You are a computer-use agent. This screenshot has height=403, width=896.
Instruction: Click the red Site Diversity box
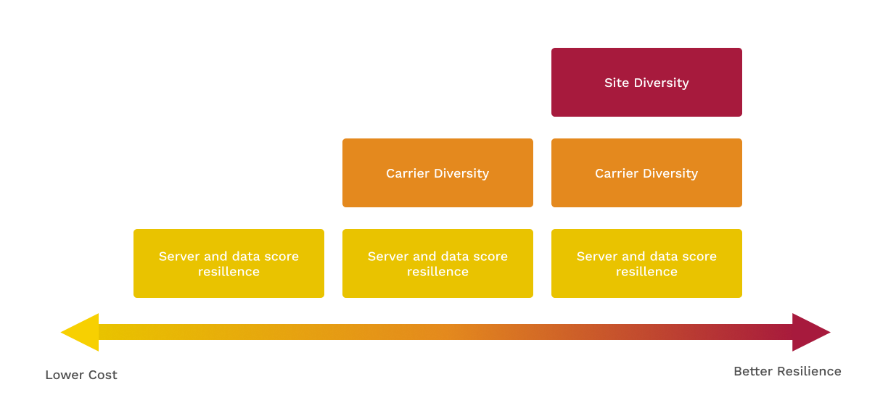[x=646, y=83]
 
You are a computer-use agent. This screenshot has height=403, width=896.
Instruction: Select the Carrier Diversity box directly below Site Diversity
[x=646, y=173]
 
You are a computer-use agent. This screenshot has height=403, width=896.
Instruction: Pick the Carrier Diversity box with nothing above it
[x=437, y=173]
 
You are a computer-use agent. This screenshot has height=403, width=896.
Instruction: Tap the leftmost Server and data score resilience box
[x=229, y=263]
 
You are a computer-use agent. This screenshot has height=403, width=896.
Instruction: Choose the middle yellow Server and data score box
[x=437, y=263]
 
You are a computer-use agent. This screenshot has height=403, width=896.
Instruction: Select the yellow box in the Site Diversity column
[x=646, y=263]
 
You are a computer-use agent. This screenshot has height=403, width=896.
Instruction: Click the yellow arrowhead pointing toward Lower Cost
[x=80, y=332]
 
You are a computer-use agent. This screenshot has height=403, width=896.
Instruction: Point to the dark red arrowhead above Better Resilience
[x=811, y=332]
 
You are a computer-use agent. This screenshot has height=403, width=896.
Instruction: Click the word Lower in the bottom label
[x=64, y=375]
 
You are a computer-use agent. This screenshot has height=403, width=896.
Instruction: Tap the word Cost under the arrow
[x=102, y=375]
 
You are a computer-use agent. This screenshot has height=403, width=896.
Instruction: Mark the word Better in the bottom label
[x=753, y=371]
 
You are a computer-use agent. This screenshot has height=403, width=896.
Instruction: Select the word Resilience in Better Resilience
[x=809, y=371]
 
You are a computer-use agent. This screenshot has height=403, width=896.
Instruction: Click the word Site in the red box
[x=617, y=83]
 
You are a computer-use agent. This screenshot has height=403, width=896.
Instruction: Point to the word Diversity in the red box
[x=662, y=83]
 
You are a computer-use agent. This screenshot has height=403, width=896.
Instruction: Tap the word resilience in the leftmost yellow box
[x=229, y=272]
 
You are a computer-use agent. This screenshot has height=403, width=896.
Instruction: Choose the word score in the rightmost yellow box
[x=699, y=257]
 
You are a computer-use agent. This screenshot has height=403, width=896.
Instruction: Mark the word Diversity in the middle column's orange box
[x=461, y=174]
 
